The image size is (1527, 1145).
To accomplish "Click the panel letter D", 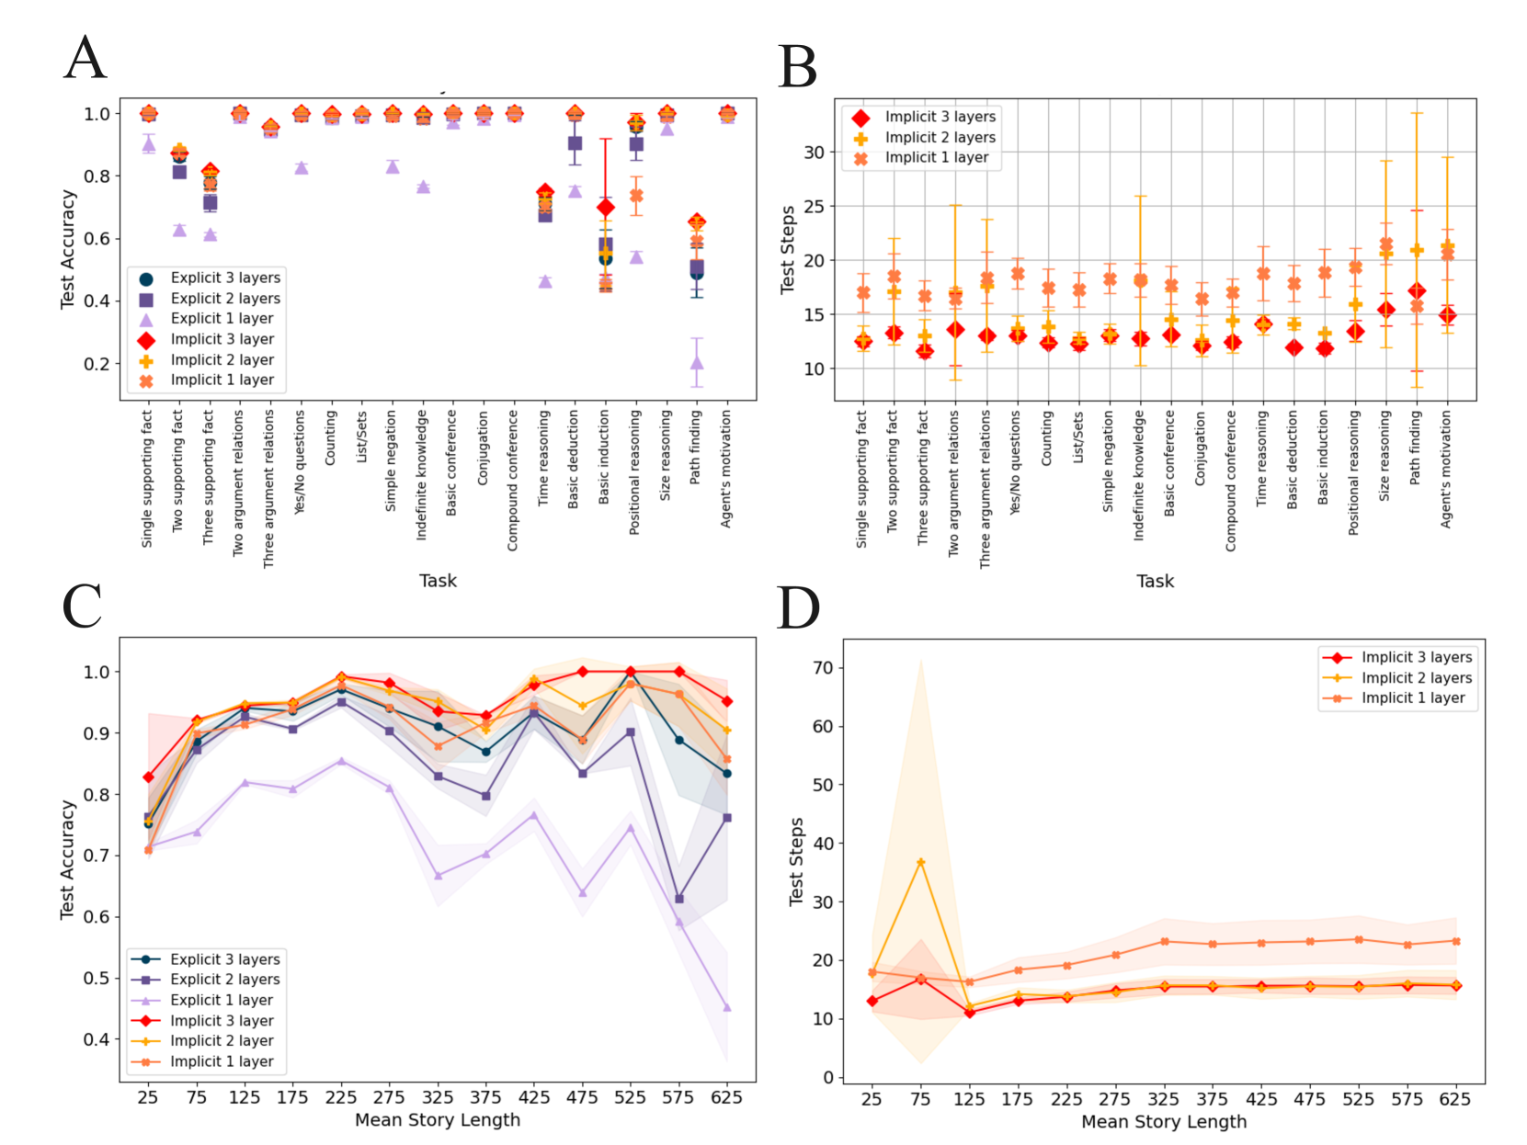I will (x=798, y=608).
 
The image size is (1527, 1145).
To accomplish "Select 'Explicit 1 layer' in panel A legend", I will (x=222, y=319).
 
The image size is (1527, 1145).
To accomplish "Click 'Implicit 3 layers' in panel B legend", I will (x=940, y=117).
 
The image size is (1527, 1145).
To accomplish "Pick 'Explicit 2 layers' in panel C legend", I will (x=224, y=980).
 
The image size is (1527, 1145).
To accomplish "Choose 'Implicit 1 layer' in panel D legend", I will (x=1413, y=698).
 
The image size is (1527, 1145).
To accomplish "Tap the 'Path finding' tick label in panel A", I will (x=695, y=448).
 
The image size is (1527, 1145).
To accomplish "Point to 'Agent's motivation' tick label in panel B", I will (x=1446, y=470).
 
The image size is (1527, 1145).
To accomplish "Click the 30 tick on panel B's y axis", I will (x=814, y=153).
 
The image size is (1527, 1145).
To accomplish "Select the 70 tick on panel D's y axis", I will (x=823, y=668).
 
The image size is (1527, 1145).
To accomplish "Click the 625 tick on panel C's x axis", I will (x=726, y=1097).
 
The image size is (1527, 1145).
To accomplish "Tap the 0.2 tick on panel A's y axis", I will (x=97, y=364).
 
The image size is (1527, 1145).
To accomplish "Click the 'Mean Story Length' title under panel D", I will (x=1163, y=1122).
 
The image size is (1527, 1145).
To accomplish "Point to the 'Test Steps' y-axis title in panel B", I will (x=788, y=250).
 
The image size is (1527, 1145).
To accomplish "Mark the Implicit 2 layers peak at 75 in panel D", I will (x=920, y=862).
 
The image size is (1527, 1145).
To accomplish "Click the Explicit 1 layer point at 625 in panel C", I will (x=727, y=1007).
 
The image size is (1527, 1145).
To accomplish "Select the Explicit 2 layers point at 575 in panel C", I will (x=678, y=899).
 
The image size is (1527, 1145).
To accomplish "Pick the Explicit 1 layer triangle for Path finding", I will (x=697, y=363).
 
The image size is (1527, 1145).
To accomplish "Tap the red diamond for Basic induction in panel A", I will (x=605, y=208).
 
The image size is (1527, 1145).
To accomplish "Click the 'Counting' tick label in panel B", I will (x=1047, y=438).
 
